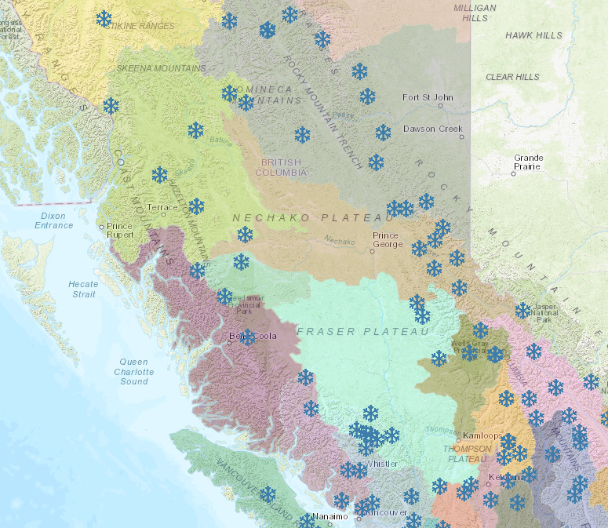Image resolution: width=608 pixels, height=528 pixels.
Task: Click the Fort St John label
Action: [x=428, y=98]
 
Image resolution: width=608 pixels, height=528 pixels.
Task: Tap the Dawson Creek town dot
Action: [x=462, y=137]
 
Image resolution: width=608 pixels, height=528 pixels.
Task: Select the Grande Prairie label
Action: [x=528, y=162]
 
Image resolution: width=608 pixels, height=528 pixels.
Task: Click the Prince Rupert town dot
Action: [x=101, y=228]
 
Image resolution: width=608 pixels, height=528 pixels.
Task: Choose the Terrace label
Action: [x=162, y=207]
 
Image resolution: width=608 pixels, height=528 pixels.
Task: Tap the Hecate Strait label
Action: [x=83, y=289]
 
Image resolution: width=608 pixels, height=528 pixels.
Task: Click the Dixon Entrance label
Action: [x=53, y=220]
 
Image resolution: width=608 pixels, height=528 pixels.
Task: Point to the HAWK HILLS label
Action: [x=533, y=36]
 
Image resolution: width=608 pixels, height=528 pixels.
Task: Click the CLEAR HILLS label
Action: [x=512, y=77]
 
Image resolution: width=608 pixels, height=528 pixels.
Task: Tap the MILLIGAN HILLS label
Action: [x=475, y=12]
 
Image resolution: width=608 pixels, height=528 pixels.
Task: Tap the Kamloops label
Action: [x=481, y=435]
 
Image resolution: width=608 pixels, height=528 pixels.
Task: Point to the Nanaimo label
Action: [x=329, y=516]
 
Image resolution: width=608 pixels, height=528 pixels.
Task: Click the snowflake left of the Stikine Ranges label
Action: [x=104, y=18]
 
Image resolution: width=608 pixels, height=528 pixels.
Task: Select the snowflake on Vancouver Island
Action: [x=268, y=494]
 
